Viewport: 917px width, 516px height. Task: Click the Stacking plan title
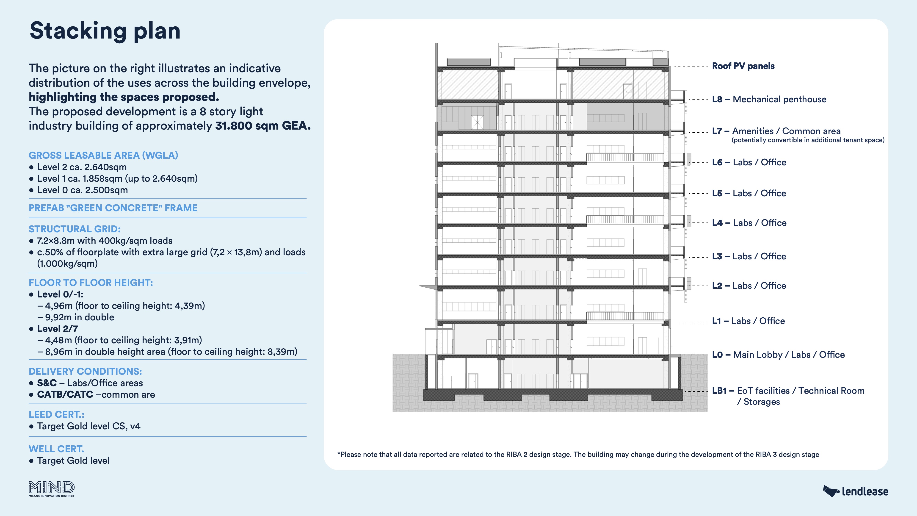(x=105, y=31)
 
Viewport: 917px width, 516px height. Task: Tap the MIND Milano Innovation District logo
(x=52, y=488)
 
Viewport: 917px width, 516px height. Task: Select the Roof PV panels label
(x=743, y=66)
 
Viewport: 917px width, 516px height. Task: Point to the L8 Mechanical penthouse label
(x=769, y=99)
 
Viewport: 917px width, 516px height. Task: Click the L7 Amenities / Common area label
(x=776, y=131)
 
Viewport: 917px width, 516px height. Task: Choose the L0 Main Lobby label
(x=778, y=355)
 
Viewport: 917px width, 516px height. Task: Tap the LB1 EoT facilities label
(x=788, y=391)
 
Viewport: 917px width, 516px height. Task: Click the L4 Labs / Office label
(x=749, y=223)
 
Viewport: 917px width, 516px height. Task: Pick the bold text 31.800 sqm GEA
(x=263, y=126)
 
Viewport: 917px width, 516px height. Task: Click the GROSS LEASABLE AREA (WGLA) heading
(x=103, y=155)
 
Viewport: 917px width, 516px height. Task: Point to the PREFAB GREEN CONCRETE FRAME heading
(x=113, y=208)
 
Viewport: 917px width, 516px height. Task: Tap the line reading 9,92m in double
(x=79, y=317)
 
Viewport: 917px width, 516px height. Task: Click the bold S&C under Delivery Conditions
(x=47, y=383)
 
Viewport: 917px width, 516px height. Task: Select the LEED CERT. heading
(x=56, y=414)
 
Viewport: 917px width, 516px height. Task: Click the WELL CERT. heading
(x=56, y=449)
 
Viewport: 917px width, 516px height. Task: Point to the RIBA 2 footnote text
(x=578, y=454)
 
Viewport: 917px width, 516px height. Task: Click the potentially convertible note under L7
(x=808, y=140)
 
